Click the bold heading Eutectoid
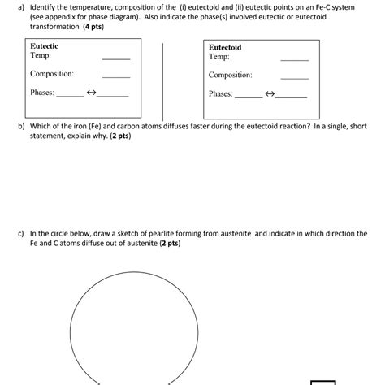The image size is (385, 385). point(225,47)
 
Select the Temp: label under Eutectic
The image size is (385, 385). point(41,56)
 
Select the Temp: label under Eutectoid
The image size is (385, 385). point(219,57)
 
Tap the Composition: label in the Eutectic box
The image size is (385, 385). point(52,74)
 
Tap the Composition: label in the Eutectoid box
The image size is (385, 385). point(230,75)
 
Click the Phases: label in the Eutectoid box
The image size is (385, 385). point(221,94)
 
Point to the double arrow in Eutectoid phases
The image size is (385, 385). point(270,94)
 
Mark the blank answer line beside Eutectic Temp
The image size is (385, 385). point(115,59)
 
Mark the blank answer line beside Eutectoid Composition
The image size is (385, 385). point(294,79)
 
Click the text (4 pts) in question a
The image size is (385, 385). point(99,27)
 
